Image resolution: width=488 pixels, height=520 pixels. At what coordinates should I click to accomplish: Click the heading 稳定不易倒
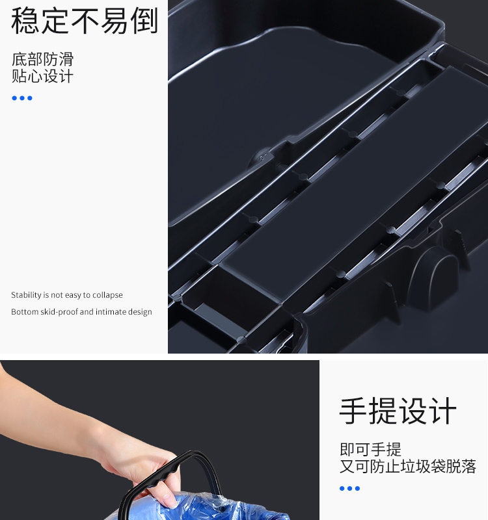coord(85,21)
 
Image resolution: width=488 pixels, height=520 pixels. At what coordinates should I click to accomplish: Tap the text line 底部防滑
coord(42,59)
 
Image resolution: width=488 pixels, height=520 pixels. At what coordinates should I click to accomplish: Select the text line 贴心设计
coord(42,76)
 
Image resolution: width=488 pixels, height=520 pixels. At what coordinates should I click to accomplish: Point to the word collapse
coord(107,295)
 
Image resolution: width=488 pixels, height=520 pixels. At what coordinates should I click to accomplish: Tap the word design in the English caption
coord(141,312)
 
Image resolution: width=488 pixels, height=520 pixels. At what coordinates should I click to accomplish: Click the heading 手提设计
coord(398,411)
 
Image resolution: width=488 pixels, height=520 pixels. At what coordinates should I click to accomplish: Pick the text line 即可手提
coord(370,449)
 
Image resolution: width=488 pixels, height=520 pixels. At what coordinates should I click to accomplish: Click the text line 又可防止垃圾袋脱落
coord(408,466)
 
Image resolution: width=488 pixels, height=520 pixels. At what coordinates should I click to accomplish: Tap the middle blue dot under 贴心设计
coord(22,98)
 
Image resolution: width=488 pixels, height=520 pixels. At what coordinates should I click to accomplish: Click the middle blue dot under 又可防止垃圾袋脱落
coord(349,488)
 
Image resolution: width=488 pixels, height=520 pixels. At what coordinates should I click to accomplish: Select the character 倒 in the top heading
coord(144,21)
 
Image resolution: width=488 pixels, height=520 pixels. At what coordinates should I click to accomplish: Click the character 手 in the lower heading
coord(353,411)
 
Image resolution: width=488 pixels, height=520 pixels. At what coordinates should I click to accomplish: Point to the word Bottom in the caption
coord(25,312)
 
